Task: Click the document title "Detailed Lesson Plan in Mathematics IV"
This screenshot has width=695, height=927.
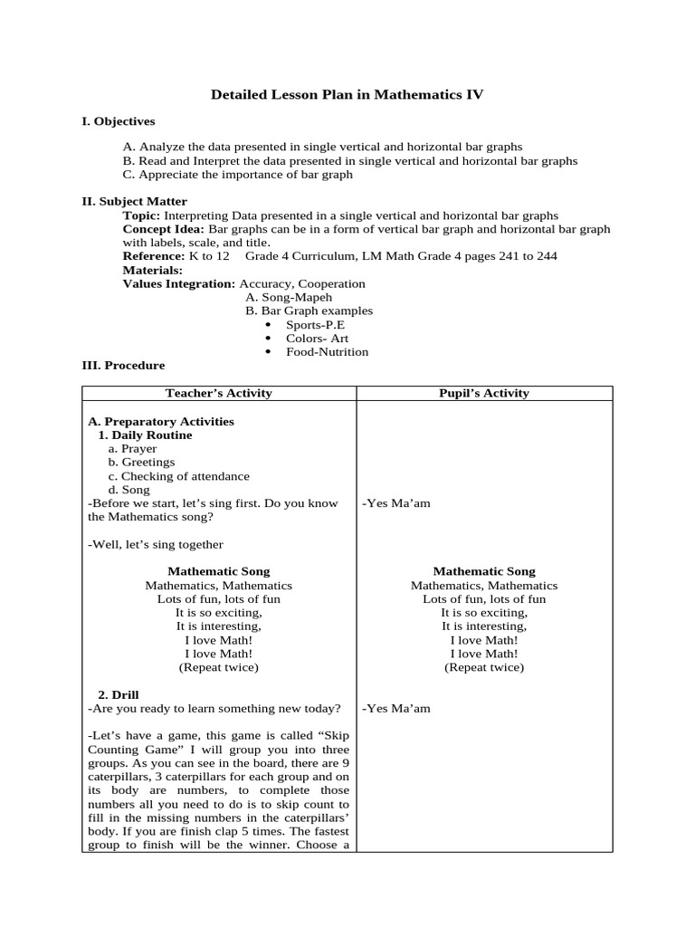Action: point(347,94)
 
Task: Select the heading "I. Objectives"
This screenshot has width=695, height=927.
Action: point(119,121)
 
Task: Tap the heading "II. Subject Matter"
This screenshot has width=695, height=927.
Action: point(135,202)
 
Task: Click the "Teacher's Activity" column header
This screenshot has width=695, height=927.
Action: point(218,393)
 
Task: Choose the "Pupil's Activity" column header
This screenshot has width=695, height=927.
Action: point(483,393)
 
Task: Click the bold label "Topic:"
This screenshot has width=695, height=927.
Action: point(141,215)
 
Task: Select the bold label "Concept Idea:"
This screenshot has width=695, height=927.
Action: point(157,229)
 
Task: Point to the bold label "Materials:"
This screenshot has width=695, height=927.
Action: point(152,270)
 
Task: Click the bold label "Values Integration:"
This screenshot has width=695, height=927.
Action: point(178,283)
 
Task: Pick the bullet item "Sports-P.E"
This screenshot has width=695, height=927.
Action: point(315,325)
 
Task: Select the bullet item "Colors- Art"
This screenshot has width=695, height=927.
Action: point(317,339)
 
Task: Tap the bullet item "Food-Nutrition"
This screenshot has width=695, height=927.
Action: point(327,352)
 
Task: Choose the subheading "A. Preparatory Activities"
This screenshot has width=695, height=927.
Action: point(161,422)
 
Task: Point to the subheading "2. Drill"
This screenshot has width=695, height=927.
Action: point(119,695)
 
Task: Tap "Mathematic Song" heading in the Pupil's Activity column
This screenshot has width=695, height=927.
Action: point(484,571)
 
